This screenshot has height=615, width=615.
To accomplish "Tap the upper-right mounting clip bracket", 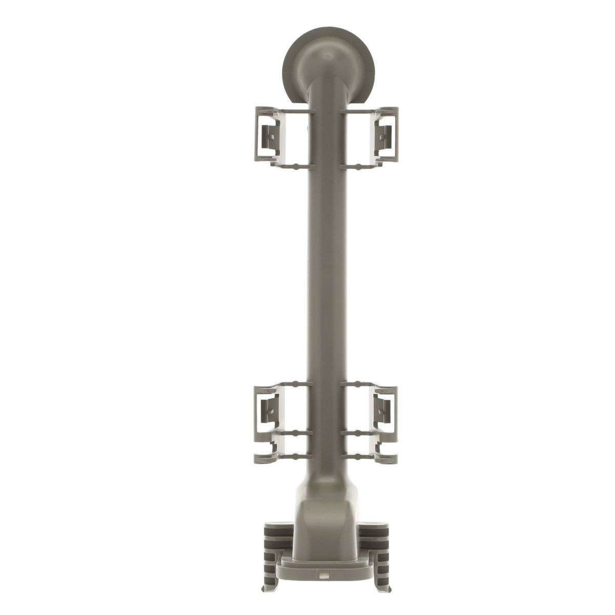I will coord(385,136).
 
